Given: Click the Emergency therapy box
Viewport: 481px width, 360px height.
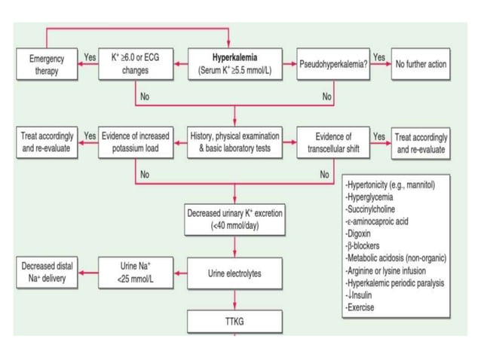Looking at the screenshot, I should [47, 64].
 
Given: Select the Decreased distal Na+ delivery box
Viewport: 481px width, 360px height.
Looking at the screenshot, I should [47, 273].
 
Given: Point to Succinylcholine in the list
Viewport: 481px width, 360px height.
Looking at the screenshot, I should [371, 209].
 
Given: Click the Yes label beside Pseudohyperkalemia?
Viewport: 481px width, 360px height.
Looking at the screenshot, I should [379, 57].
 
